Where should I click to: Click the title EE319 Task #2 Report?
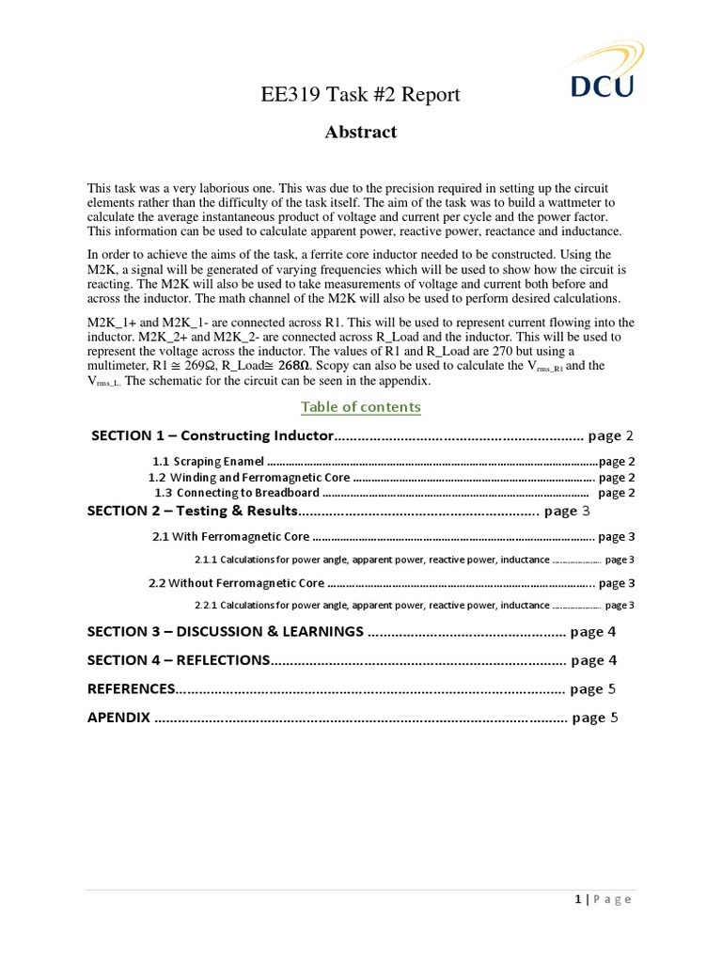pyautogui.click(x=361, y=95)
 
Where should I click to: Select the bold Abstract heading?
pyautogui.click(x=361, y=133)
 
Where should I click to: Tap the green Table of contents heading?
pyautogui.click(x=361, y=406)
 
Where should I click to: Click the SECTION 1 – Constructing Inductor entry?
pyautogui.click(x=212, y=435)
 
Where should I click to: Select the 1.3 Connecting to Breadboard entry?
pyautogui.click(x=237, y=493)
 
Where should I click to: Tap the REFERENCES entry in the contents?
pyautogui.click(x=132, y=688)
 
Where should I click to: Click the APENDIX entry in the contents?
pyautogui.click(x=118, y=718)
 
